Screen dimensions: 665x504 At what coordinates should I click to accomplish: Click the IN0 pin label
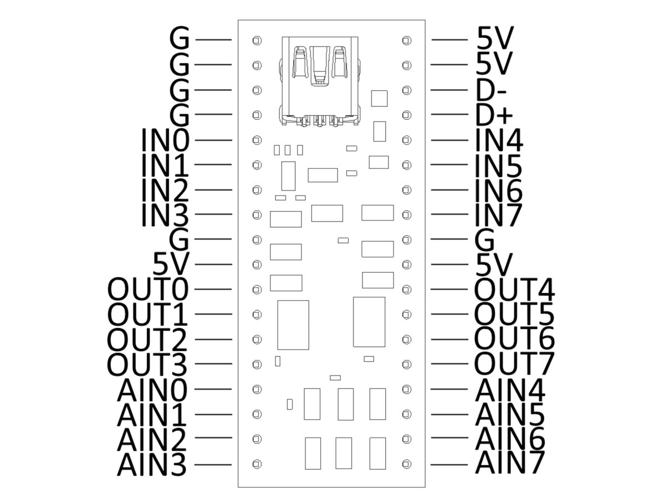tap(165, 140)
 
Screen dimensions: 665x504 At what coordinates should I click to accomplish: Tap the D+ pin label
tap(494, 115)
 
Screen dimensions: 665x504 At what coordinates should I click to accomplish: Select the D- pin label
tap(490, 90)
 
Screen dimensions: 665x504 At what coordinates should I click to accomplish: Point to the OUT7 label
tap(514, 363)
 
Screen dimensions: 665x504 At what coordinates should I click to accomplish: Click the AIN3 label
tap(152, 464)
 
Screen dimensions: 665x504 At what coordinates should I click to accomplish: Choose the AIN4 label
tap(510, 389)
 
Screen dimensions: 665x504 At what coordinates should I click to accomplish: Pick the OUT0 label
tap(148, 289)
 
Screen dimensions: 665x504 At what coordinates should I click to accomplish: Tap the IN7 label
tap(498, 215)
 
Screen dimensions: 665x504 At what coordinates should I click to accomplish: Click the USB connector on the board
tap(320, 81)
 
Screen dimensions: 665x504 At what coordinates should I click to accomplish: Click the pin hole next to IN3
tap(257, 215)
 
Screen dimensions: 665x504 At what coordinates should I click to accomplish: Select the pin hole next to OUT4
tap(407, 290)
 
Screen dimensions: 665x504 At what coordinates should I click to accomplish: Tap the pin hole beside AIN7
tap(407, 464)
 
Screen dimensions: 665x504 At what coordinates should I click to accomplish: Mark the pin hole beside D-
tap(407, 90)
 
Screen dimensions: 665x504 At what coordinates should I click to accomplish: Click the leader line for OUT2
tap(213, 340)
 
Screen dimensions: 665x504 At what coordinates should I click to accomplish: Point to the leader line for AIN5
tap(449, 414)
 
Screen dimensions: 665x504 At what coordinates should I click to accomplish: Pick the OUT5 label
tap(514, 314)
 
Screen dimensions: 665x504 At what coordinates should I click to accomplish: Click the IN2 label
tap(165, 190)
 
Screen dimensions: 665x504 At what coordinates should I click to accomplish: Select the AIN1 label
tap(152, 414)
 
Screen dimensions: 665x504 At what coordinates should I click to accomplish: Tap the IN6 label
tap(499, 190)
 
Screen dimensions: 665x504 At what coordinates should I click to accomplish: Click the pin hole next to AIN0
tap(257, 389)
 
